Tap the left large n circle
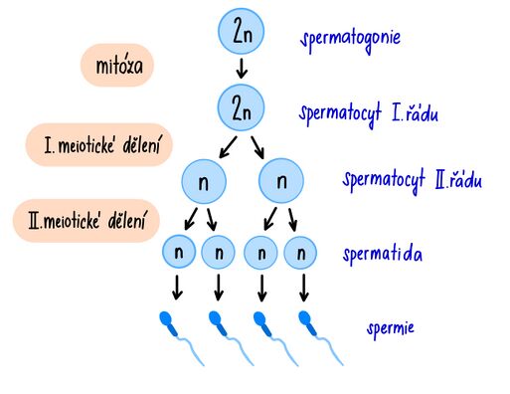[x=205, y=182]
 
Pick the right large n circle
[x=281, y=182]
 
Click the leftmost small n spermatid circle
[x=179, y=253]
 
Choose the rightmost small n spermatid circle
[x=301, y=253]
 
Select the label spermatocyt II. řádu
[x=413, y=180]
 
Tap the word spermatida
[x=383, y=255]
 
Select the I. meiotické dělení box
[x=94, y=144]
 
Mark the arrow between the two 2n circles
[x=241, y=71]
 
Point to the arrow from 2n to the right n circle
[x=259, y=147]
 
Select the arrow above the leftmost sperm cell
[x=178, y=289]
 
